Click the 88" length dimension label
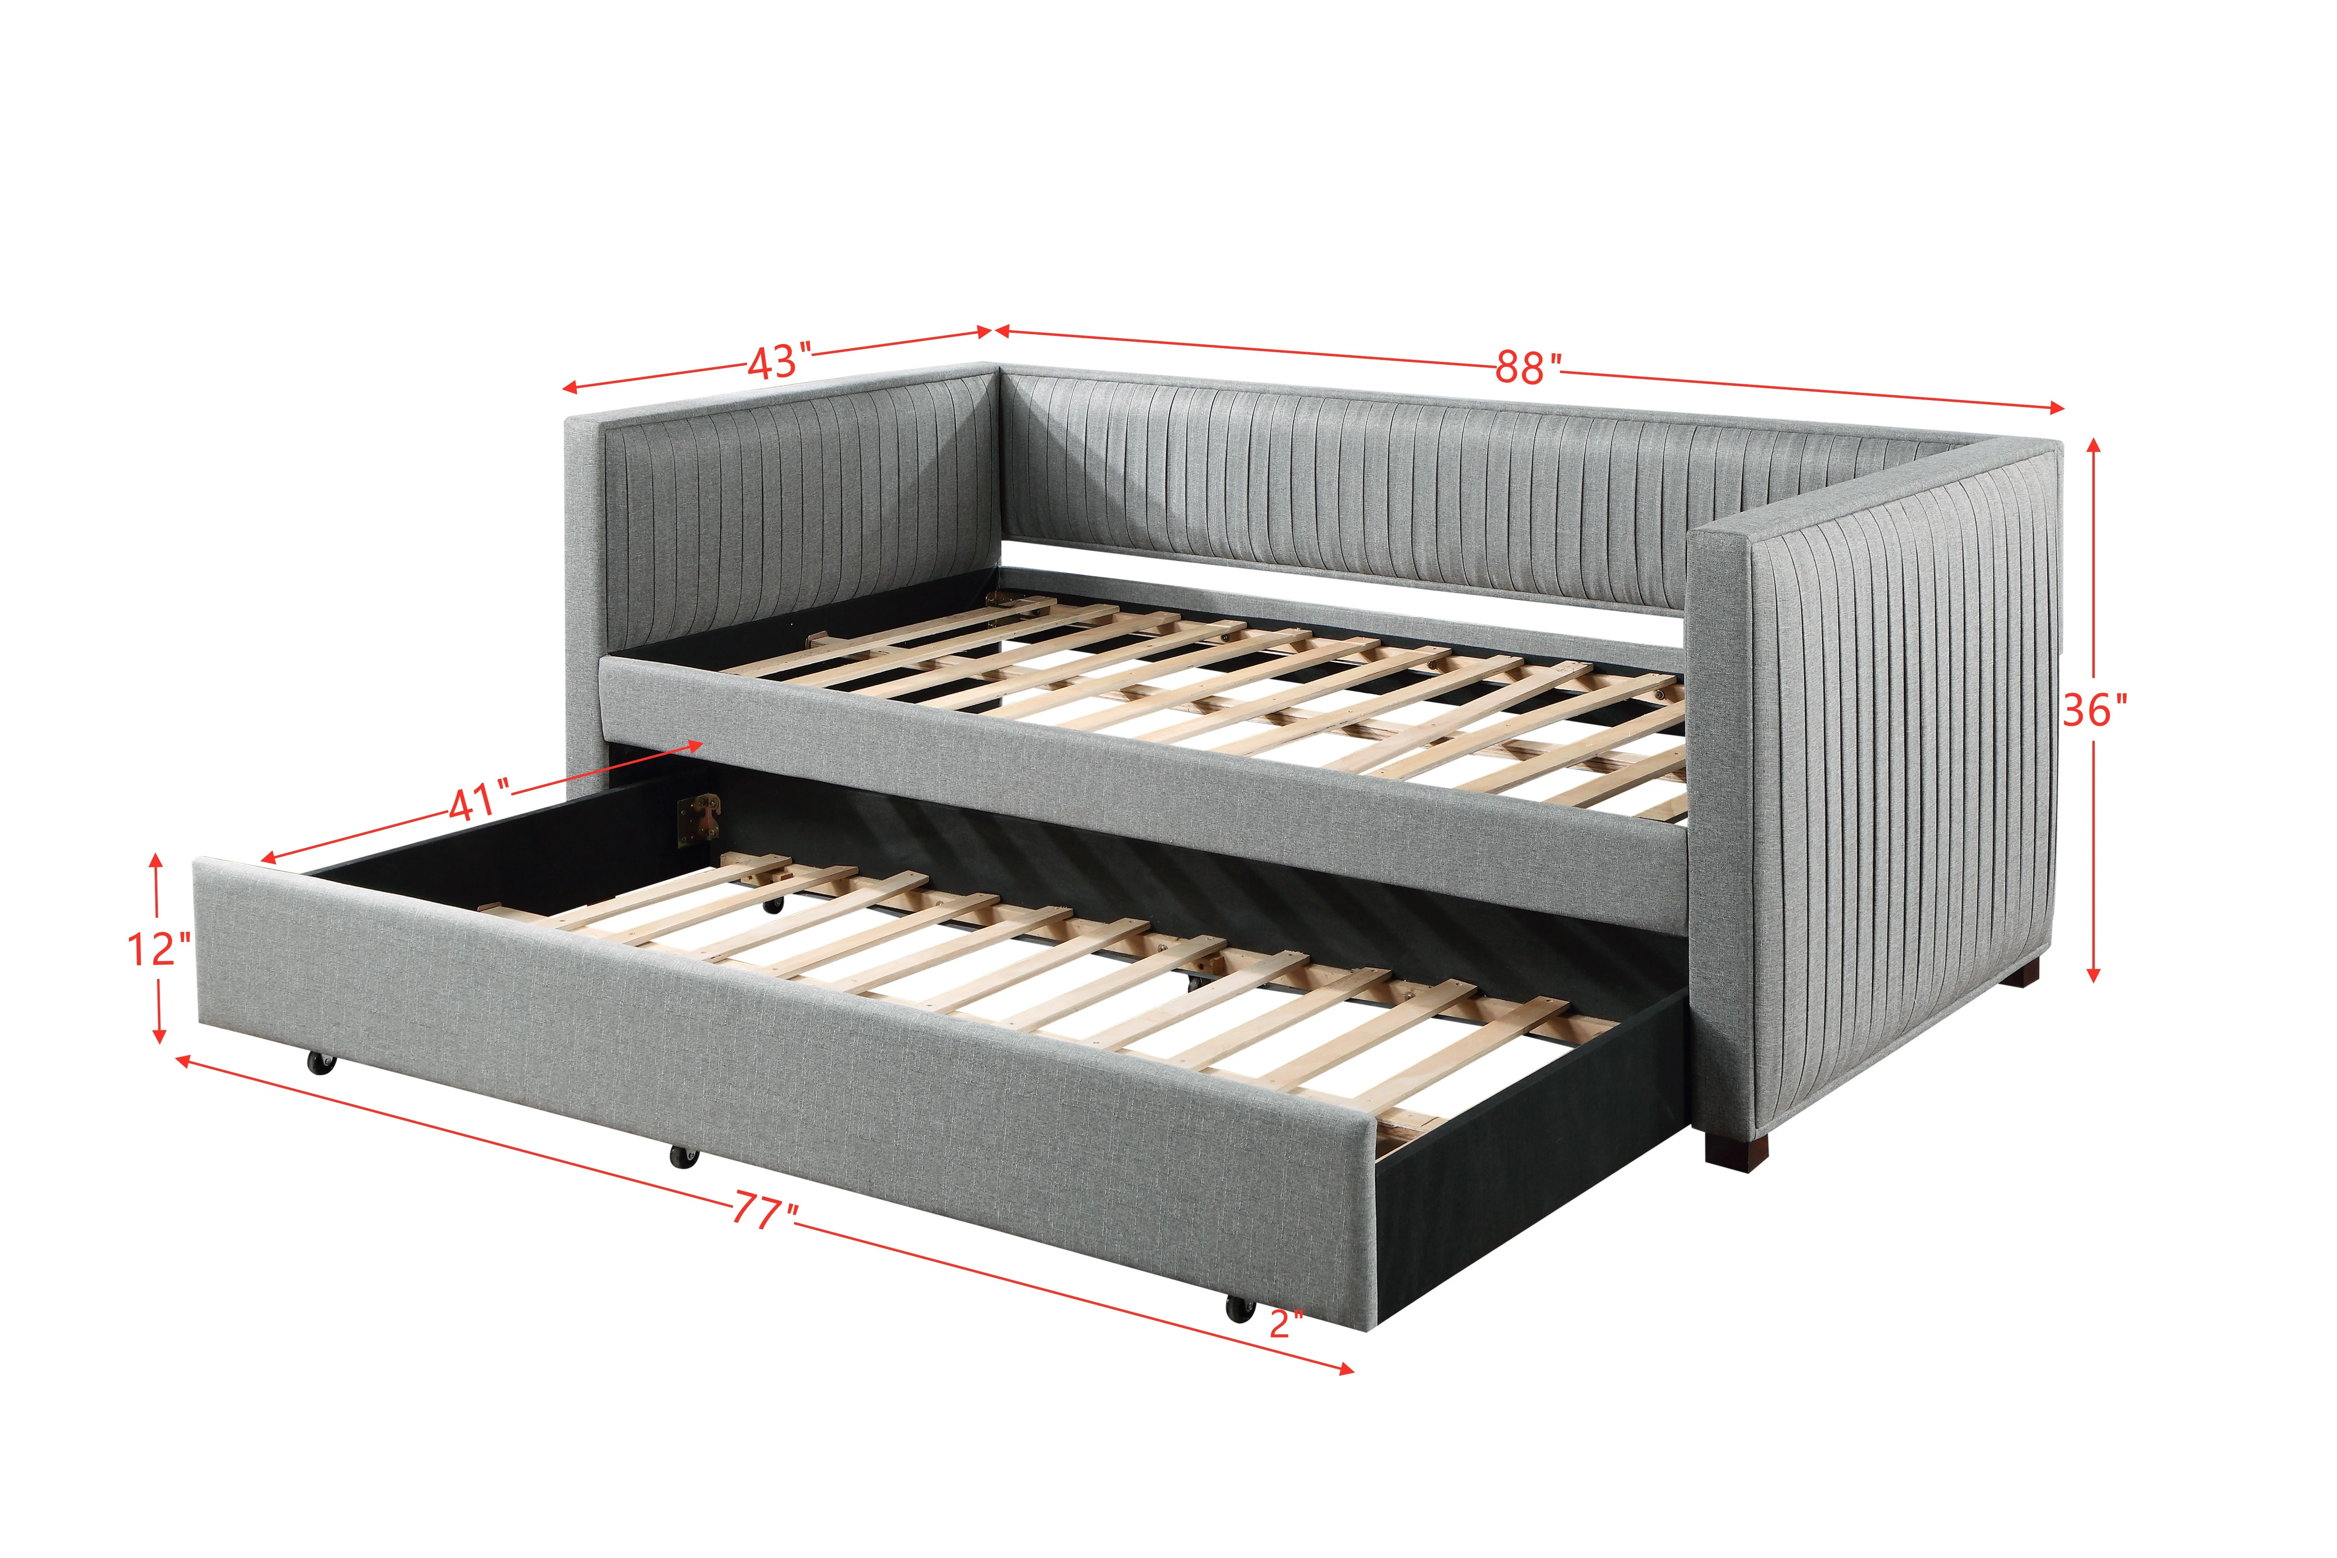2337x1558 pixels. (x=1528, y=368)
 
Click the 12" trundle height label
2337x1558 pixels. (x=159, y=949)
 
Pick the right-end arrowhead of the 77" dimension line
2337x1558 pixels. (x=1345, y=1369)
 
